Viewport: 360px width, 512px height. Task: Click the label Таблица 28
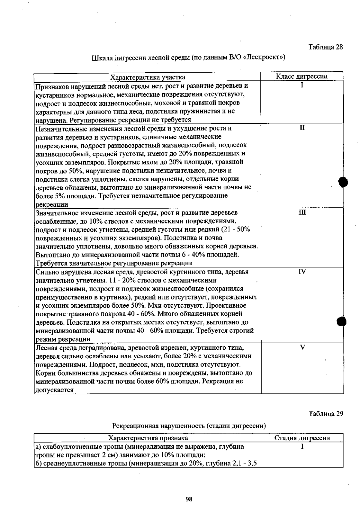(325, 47)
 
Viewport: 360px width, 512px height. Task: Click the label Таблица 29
(326, 414)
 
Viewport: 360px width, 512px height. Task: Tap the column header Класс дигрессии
(301, 76)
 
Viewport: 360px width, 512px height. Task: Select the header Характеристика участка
(148, 77)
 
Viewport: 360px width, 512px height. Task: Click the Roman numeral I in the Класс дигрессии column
(302, 85)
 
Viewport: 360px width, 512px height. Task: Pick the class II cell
(302, 128)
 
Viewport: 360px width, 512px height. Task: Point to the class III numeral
(302, 212)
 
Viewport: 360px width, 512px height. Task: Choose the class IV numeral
(302, 272)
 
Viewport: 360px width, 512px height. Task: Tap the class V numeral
(302, 348)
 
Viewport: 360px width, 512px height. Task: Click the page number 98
(189, 499)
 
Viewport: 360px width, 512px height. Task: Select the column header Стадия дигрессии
(302, 438)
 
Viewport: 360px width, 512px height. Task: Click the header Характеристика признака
(148, 438)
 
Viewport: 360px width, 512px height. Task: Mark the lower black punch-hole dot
(342, 322)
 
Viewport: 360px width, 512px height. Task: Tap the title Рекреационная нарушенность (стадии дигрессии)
(189, 426)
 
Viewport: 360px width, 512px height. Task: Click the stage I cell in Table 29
(302, 447)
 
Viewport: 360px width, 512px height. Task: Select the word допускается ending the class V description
(55, 390)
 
